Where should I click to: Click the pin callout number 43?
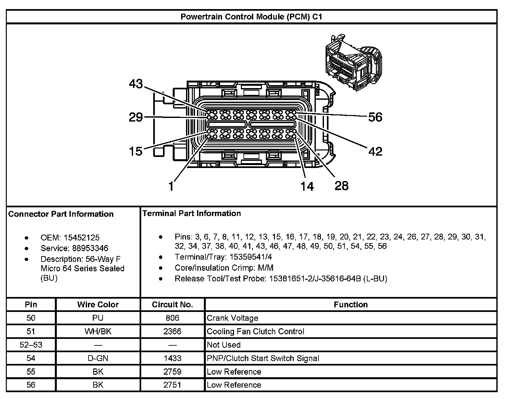pyautogui.click(x=136, y=84)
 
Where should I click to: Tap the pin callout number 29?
pyautogui.click(x=136, y=117)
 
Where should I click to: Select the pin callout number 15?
pyautogui.click(x=135, y=151)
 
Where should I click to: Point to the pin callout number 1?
pyautogui.click(x=171, y=187)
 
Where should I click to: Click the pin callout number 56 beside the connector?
pyautogui.click(x=375, y=117)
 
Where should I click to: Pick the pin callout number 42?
pyautogui.click(x=375, y=151)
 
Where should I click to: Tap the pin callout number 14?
pyautogui.click(x=307, y=186)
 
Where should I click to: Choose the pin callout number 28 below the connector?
pyautogui.click(x=341, y=186)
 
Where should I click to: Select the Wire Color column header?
pyautogui.click(x=98, y=304)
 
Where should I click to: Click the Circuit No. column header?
pyautogui.click(x=172, y=304)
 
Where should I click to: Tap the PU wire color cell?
pyautogui.click(x=98, y=318)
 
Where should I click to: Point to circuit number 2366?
pyautogui.click(x=172, y=331)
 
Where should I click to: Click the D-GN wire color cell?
pyautogui.click(x=98, y=358)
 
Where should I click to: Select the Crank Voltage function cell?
pyautogui.click(x=232, y=318)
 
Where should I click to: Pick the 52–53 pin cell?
pyautogui.click(x=31, y=345)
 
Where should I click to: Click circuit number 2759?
pyautogui.click(x=172, y=371)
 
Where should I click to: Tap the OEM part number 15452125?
pyautogui.click(x=81, y=238)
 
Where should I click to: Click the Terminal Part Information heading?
pyautogui.click(x=192, y=213)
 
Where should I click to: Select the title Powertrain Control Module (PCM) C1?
pyautogui.click(x=251, y=17)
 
